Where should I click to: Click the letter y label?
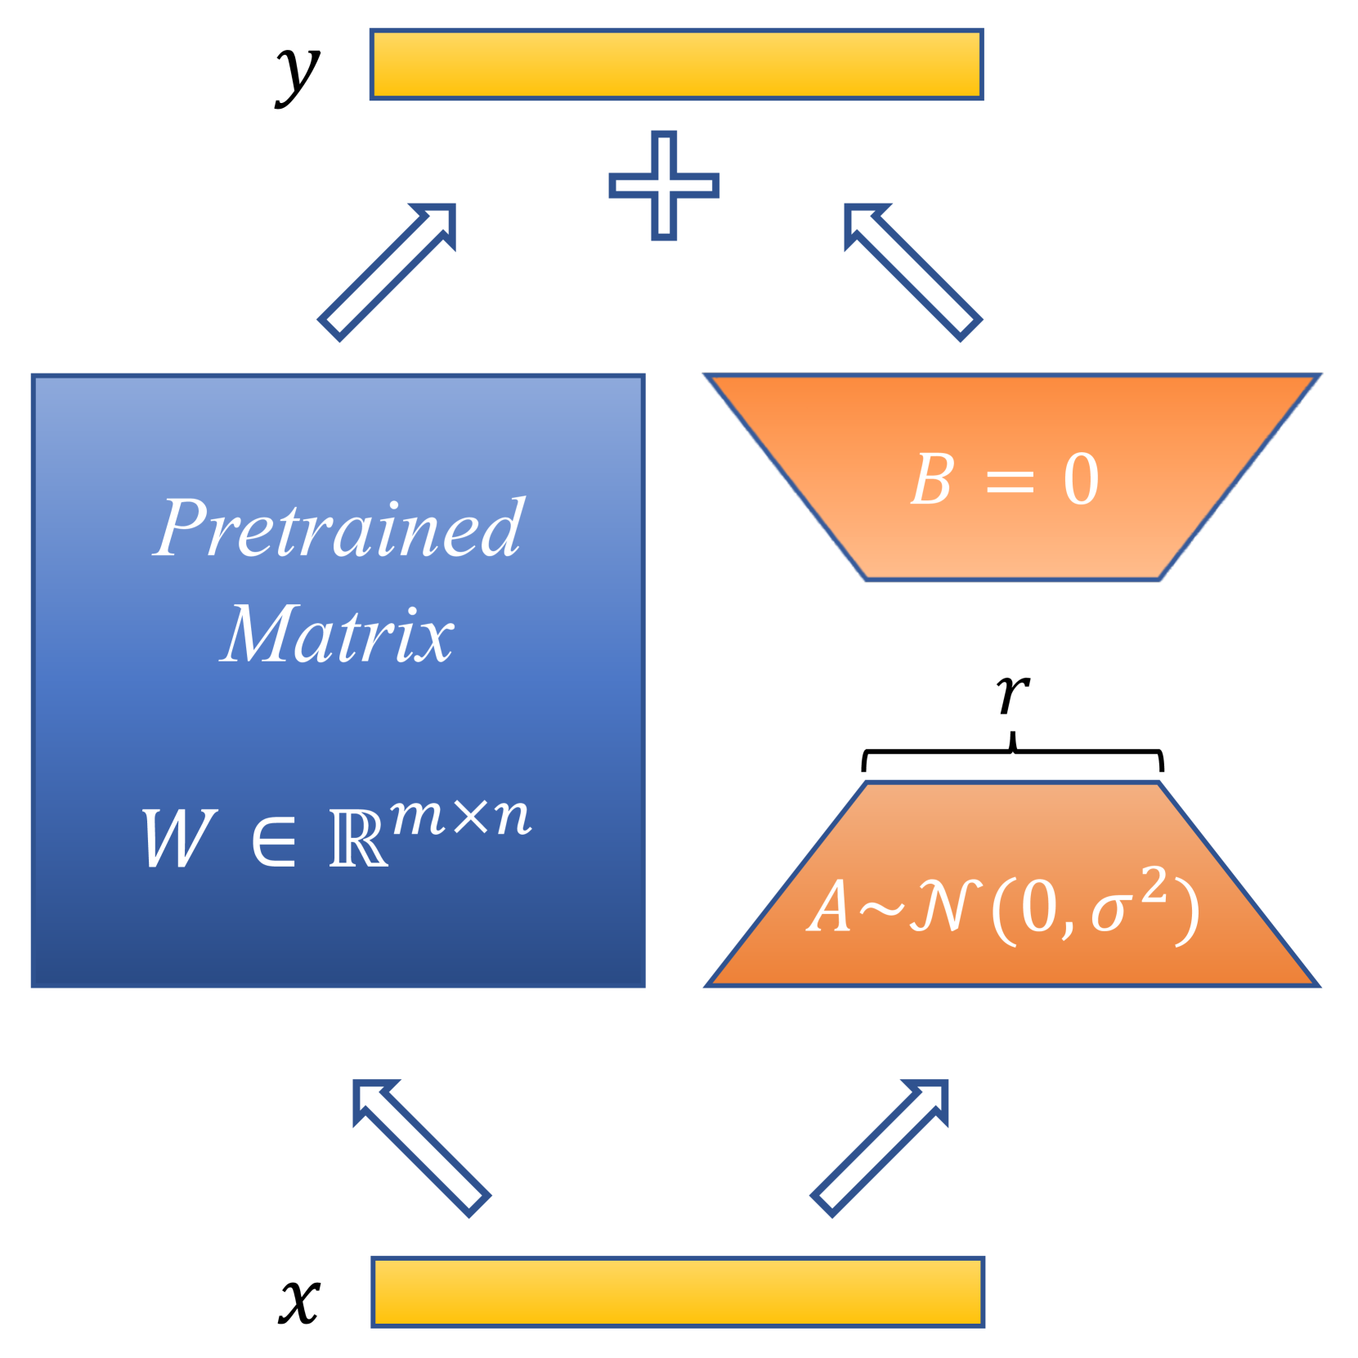pyautogui.click(x=298, y=74)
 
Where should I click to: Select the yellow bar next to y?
pyautogui.click(x=676, y=65)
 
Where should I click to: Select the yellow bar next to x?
pyautogui.click(x=677, y=1291)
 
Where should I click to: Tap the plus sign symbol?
pyautogui.click(x=663, y=186)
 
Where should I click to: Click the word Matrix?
pyautogui.click(x=337, y=635)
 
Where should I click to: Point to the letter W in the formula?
pyautogui.click(x=180, y=838)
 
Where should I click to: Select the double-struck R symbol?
pyautogui.click(x=357, y=839)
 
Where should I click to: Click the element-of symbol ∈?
pyautogui.click(x=273, y=841)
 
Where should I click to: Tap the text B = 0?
pyautogui.click(x=1005, y=480)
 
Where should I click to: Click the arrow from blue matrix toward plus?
pyautogui.click(x=387, y=271)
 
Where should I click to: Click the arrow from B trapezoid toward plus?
pyautogui.click(x=912, y=271)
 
